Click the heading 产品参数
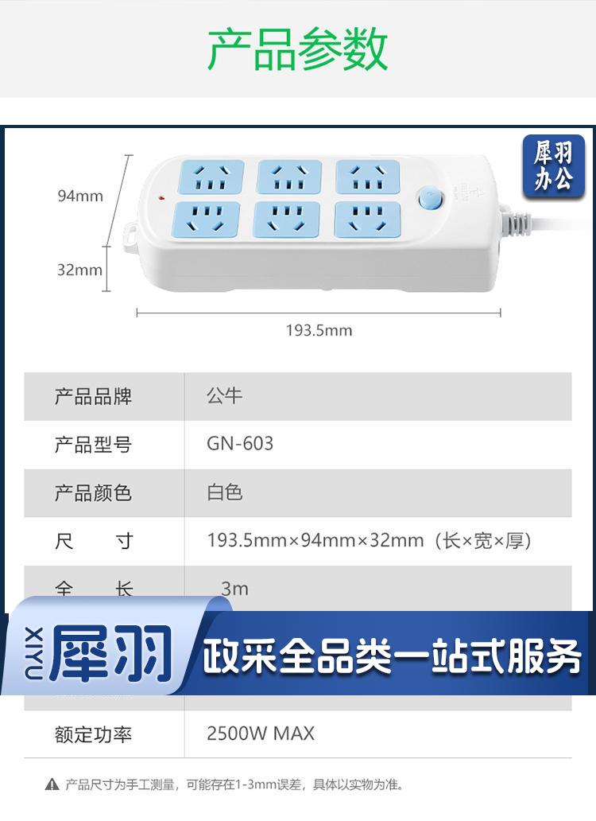click(x=297, y=49)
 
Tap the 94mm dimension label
click(x=80, y=196)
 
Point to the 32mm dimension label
click(x=79, y=270)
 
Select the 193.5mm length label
click(x=319, y=330)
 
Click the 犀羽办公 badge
click(x=553, y=166)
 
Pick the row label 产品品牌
click(x=93, y=396)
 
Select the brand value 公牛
click(x=224, y=395)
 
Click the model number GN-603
click(x=240, y=444)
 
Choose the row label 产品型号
click(x=93, y=445)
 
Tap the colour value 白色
click(x=224, y=492)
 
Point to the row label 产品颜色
click(x=93, y=493)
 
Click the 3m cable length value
click(x=234, y=589)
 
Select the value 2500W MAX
click(x=261, y=733)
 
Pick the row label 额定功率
click(x=93, y=734)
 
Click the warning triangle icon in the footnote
click(x=52, y=784)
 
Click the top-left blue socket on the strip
click(x=211, y=177)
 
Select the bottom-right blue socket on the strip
click(x=366, y=219)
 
